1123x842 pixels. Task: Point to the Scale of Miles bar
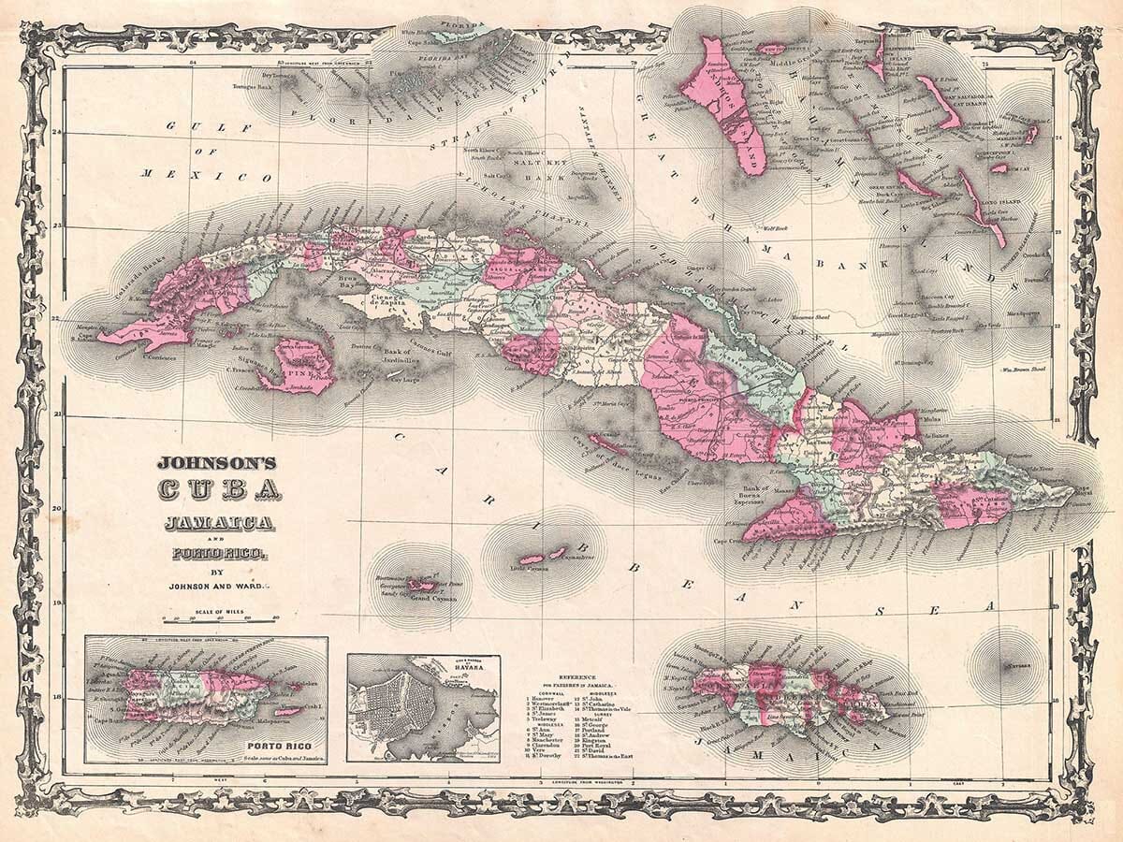pyautogui.click(x=221, y=618)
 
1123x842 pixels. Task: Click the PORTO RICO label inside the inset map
pyautogui.click(x=277, y=746)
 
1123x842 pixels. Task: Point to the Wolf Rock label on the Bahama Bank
pyautogui.click(x=777, y=226)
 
